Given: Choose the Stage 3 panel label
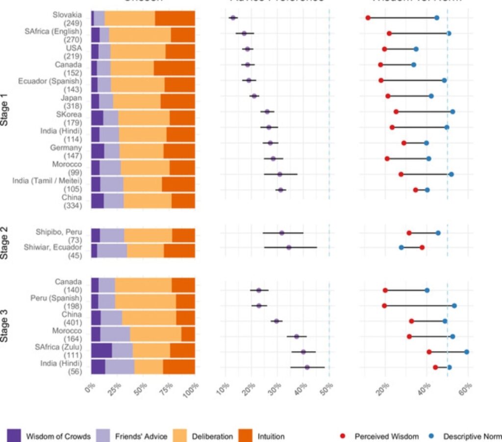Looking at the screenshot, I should (x=4, y=325).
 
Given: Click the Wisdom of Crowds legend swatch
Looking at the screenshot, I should (x=14, y=436).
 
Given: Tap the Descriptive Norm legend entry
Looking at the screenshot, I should (x=472, y=436).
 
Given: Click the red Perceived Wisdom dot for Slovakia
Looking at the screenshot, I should (x=368, y=18).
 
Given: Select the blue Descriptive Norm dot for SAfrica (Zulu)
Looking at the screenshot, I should (x=467, y=352).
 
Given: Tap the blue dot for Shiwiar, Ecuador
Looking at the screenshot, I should (x=402, y=247).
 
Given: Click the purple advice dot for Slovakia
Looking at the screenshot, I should (x=233, y=18).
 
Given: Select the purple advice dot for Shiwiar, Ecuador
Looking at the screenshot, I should (x=289, y=247).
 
